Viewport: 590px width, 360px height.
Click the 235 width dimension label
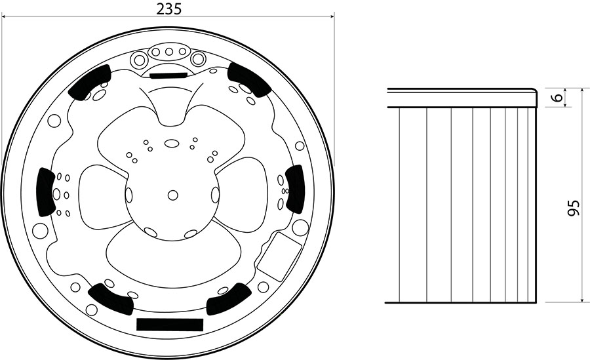169,9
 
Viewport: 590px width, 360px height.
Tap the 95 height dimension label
573,207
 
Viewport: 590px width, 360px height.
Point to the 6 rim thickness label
559,98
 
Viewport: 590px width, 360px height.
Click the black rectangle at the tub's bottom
170,324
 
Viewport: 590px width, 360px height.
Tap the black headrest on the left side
47,191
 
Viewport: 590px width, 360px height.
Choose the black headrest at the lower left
111,298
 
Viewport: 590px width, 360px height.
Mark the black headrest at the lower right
228,298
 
